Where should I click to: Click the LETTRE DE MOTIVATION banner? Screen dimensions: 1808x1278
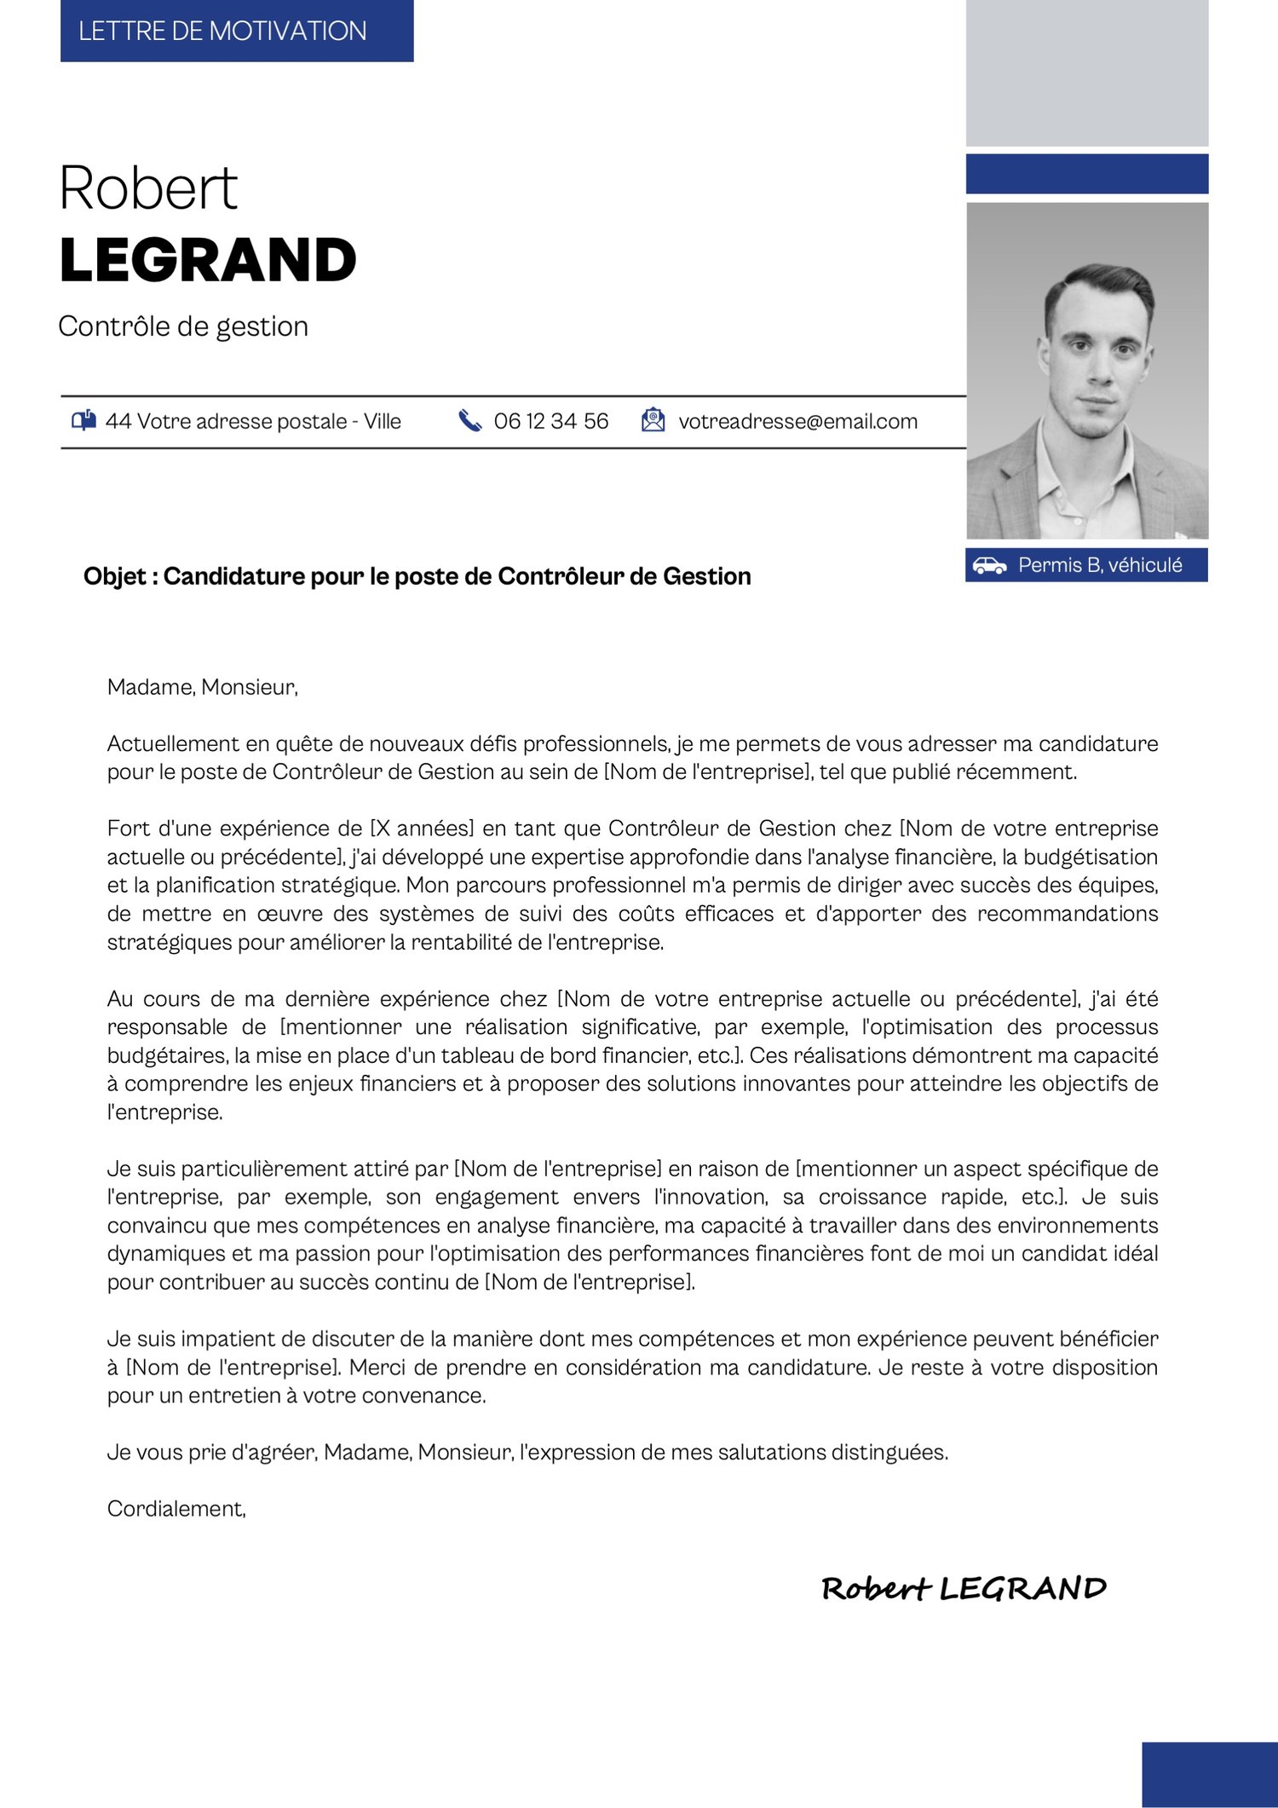(x=236, y=32)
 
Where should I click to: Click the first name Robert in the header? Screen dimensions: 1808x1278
(x=148, y=188)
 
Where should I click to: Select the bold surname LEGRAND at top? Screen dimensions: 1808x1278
(x=208, y=260)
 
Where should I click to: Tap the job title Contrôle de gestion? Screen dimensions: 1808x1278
(x=183, y=326)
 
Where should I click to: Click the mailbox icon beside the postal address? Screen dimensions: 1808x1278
(x=83, y=420)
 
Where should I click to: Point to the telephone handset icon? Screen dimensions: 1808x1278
(x=469, y=420)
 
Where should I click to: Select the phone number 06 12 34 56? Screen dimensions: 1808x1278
(x=550, y=421)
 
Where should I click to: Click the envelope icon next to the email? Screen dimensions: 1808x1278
(x=653, y=420)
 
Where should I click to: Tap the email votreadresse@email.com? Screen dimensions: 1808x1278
(x=797, y=421)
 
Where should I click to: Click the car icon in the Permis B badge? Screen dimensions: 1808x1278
(x=989, y=565)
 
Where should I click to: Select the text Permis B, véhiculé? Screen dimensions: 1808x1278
(x=1100, y=565)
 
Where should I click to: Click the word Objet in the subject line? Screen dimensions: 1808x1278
(x=114, y=577)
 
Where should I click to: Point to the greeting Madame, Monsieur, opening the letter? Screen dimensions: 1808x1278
(x=203, y=687)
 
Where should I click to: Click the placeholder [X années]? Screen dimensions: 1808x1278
(x=422, y=829)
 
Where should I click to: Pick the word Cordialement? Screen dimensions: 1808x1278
(x=176, y=1509)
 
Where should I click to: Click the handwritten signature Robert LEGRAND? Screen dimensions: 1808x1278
(x=963, y=1589)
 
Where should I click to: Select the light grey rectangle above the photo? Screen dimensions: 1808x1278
(x=1086, y=73)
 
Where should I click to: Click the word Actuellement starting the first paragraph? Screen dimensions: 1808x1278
(x=173, y=744)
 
